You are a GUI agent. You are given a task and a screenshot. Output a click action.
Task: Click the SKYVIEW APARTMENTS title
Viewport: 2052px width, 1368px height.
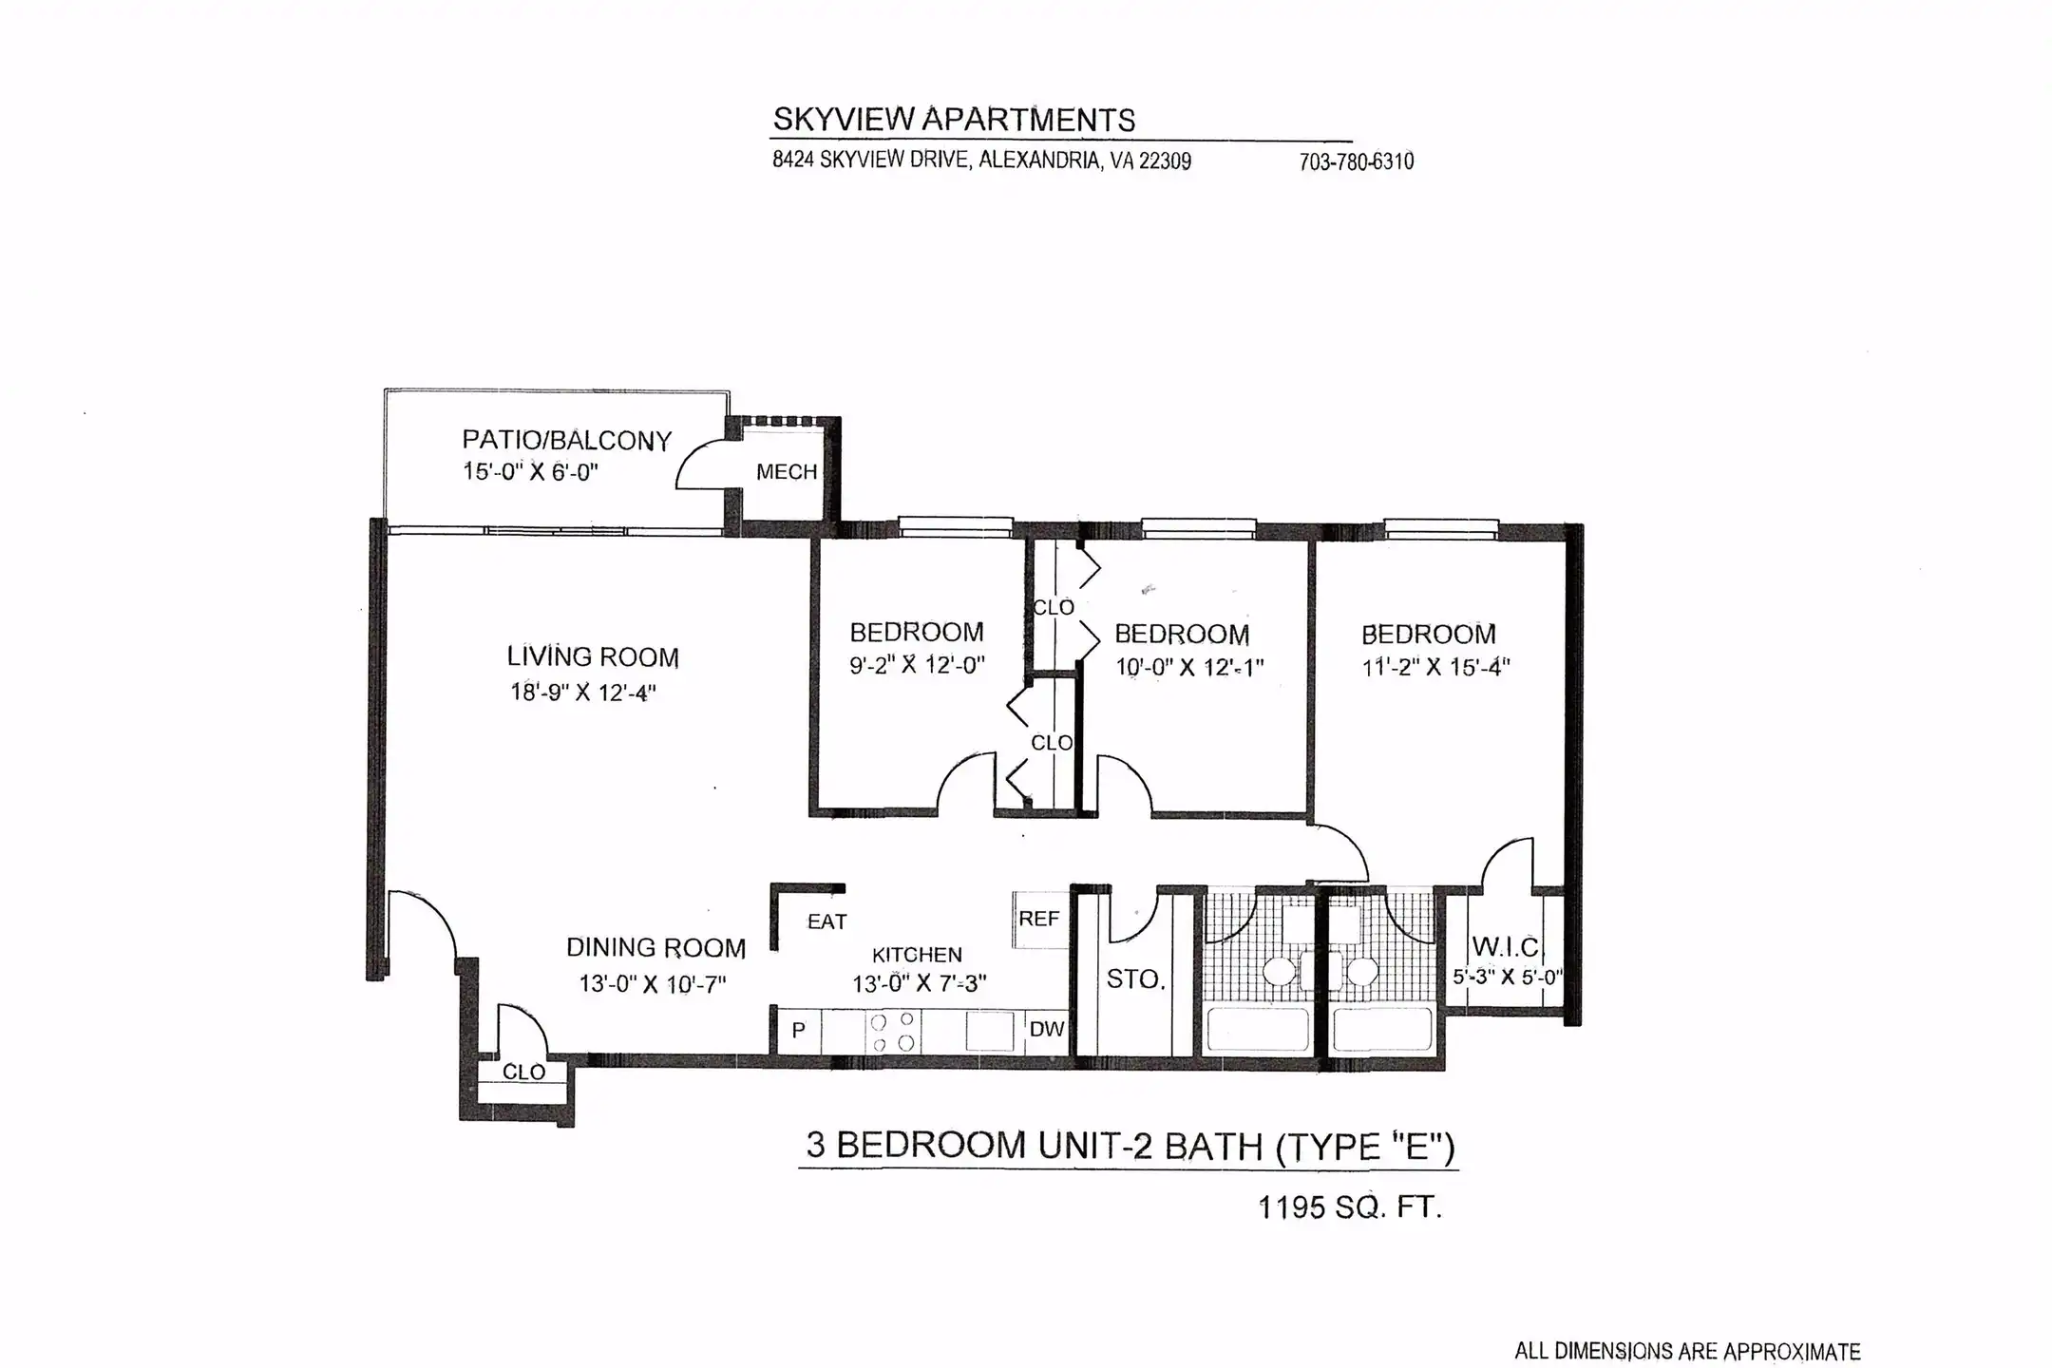[x=954, y=120]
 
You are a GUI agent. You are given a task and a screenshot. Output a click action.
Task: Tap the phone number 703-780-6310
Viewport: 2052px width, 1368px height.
[x=1356, y=161]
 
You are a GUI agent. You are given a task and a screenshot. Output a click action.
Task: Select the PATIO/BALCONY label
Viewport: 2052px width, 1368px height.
[x=567, y=440]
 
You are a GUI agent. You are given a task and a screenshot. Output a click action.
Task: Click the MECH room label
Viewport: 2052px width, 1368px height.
[x=787, y=471]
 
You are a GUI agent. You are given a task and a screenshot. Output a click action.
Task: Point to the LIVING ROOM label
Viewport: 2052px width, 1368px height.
[x=593, y=656]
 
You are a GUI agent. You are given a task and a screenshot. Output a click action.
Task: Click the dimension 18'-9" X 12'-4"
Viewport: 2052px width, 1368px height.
[x=583, y=692]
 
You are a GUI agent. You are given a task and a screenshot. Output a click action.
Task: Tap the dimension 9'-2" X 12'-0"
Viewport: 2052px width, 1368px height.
[x=917, y=664]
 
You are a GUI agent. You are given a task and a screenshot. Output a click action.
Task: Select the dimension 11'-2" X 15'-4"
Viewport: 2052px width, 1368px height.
[x=1435, y=667]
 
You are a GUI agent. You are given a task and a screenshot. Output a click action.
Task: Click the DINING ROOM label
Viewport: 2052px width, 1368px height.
[x=655, y=947]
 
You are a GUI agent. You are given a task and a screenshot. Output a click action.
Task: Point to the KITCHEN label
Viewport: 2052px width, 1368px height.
[x=917, y=955]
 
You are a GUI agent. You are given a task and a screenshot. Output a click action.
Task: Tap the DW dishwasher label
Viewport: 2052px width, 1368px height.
[x=1047, y=1029]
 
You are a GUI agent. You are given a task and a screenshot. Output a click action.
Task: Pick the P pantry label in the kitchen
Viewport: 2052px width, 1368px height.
[x=799, y=1030]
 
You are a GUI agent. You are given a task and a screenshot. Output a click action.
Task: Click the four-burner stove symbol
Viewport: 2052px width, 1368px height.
[x=893, y=1032]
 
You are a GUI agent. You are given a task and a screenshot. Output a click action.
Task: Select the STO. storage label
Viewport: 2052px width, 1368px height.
[x=1135, y=978]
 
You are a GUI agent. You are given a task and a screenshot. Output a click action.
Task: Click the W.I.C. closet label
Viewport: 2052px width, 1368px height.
[x=1507, y=946]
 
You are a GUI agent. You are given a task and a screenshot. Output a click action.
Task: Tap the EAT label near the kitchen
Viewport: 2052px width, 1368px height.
[x=826, y=921]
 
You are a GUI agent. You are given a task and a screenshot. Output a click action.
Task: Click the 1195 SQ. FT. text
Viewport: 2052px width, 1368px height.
[x=1350, y=1207]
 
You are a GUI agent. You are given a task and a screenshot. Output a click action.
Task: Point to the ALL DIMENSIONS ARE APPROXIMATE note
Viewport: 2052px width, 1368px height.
[x=1687, y=1351]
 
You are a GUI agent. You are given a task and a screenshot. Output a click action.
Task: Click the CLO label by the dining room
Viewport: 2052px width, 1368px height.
[x=523, y=1072]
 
